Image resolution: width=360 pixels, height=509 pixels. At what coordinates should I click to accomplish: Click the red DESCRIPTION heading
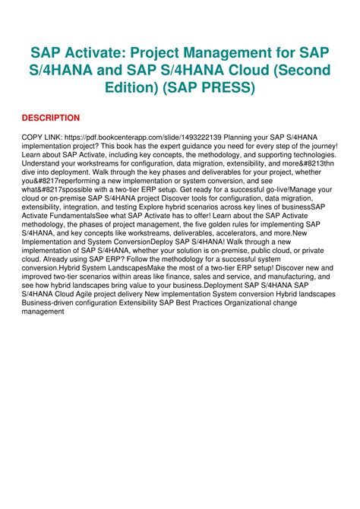(x=50, y=118)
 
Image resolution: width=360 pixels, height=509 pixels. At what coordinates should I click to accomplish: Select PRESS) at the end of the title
(x=228, y=87)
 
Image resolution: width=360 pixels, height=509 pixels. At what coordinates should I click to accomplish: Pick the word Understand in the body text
(x=45, y=163)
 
